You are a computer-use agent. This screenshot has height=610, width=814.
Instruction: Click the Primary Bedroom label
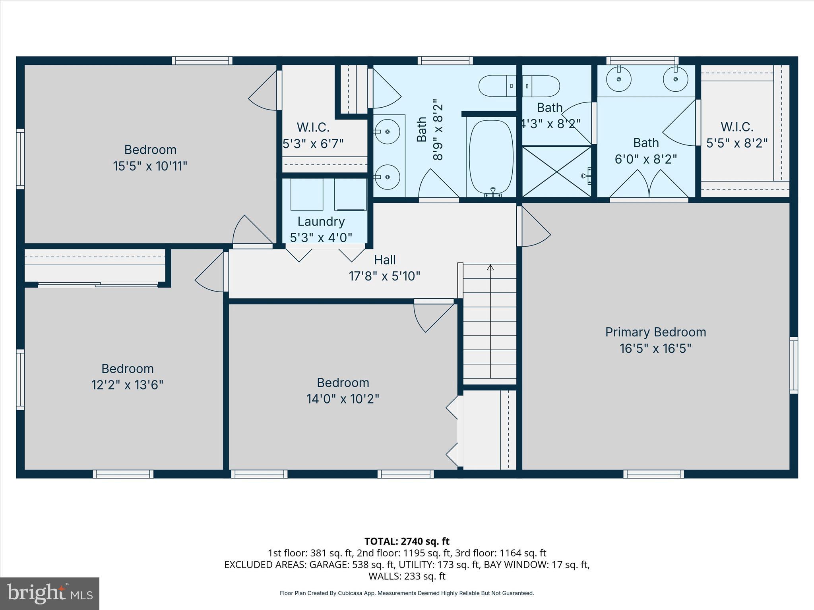coord(655,332)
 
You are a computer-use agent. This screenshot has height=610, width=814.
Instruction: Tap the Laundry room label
coord(321,222)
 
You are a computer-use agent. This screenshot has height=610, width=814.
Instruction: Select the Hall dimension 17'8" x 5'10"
coord(384,276)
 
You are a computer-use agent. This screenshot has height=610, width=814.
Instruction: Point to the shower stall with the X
coord(556,172)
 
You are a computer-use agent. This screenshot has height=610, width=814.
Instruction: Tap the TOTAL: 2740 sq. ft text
coord(407,541)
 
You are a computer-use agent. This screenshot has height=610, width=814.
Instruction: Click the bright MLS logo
coord(50,593)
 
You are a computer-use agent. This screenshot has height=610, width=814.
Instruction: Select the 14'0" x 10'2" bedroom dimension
coord(343,399)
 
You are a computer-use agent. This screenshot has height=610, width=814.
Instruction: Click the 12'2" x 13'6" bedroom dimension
coord(127,385)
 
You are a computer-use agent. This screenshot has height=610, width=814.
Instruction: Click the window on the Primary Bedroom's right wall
coord(793,365)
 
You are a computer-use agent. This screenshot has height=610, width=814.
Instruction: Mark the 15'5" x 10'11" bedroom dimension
coord(150,166)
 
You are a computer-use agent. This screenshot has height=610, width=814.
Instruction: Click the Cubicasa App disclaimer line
coord(407,593)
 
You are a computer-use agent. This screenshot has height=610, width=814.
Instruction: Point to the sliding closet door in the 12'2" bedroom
coord(98,284)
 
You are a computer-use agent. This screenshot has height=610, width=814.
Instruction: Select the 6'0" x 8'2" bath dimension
coord(645,159)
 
